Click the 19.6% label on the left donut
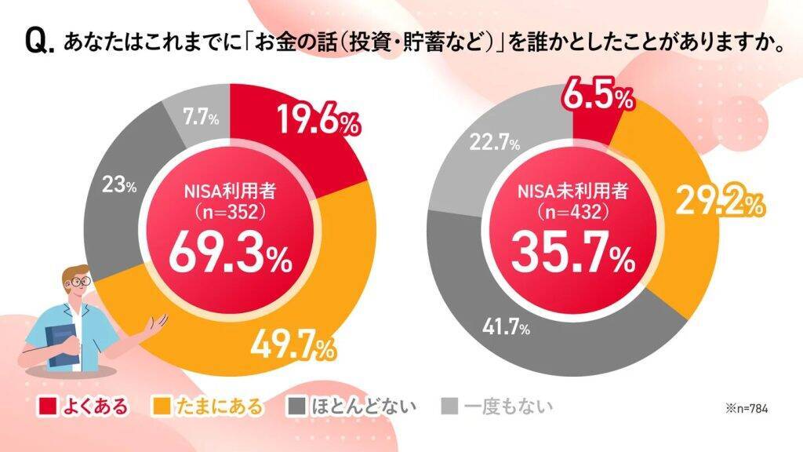click(x=318, y=122)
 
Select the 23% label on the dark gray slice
click(x=121, y=187)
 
